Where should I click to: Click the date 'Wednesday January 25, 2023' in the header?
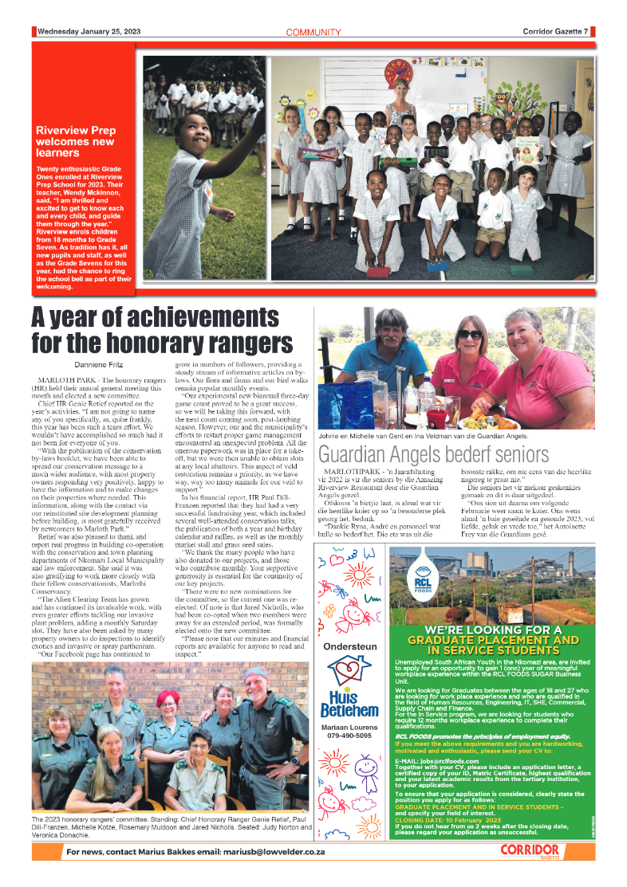coord(88,32)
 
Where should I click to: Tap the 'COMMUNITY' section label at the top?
coord(313,33)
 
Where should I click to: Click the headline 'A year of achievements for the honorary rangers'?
coord(161,331)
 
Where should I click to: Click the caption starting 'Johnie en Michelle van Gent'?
coord(423,436)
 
